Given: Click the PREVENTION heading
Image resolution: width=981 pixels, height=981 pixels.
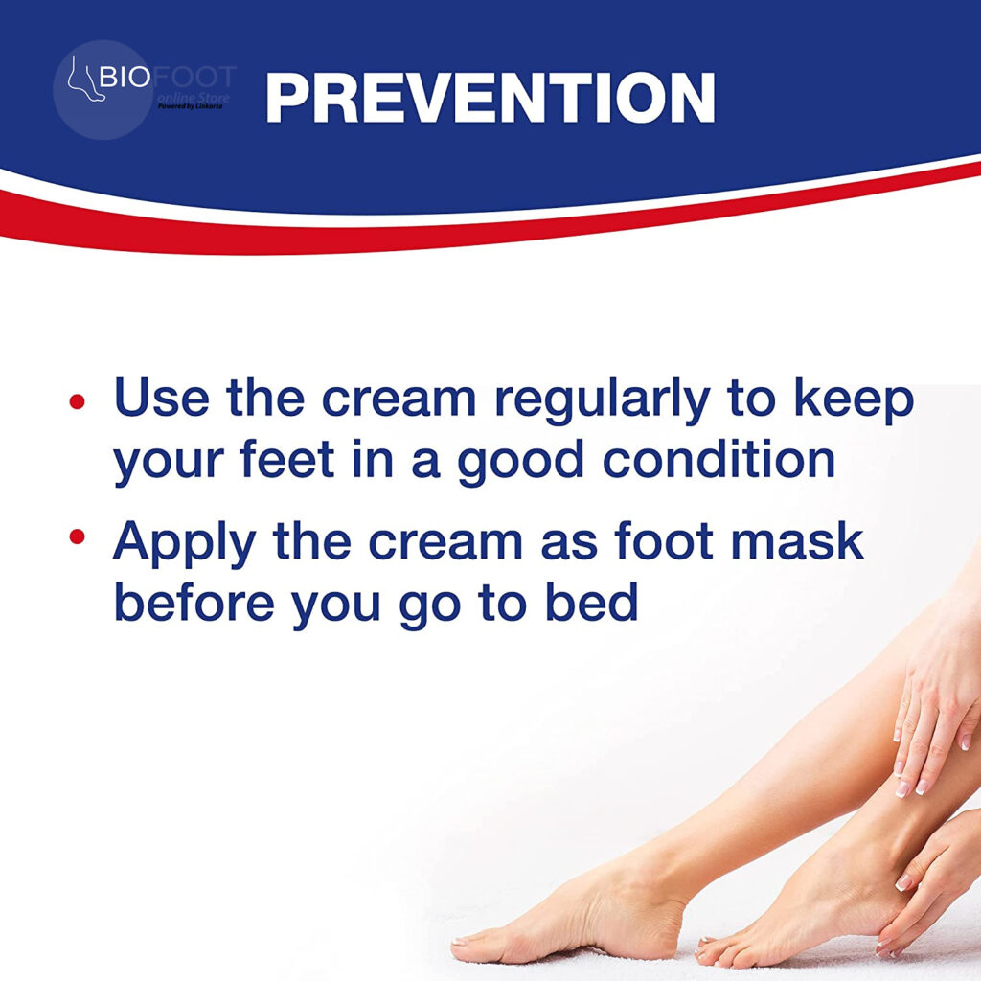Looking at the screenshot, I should coord(490,97).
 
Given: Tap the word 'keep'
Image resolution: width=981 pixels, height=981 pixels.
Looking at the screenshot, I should coord(855,398).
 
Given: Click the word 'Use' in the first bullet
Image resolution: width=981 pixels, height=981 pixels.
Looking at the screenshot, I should coord(161,398).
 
